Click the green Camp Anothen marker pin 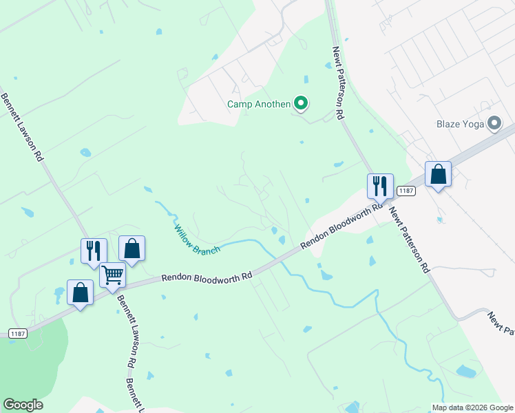300,104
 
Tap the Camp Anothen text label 259,105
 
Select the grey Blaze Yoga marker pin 494,124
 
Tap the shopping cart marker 112,275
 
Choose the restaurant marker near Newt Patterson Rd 380,185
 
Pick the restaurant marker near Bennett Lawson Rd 94,251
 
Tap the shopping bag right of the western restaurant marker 132,248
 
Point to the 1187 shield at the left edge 19,333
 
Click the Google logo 23,405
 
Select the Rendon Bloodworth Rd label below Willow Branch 207,275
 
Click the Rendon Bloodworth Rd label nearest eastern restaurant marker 342,226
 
